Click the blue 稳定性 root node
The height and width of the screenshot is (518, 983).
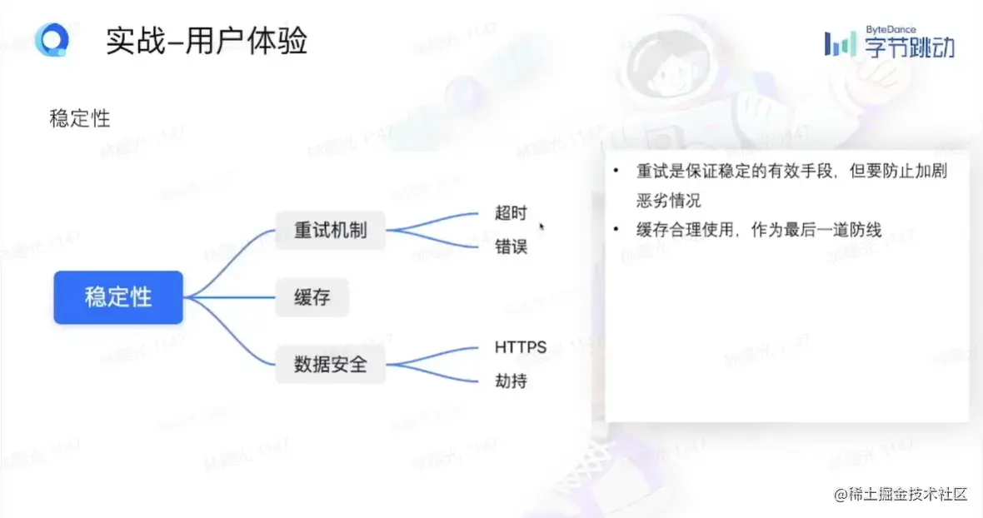118,297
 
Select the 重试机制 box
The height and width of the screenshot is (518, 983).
331,230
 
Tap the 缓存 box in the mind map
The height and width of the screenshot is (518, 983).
312,297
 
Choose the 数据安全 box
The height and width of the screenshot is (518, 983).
331,364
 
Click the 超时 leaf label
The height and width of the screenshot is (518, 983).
511,213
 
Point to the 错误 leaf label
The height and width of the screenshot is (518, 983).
511,247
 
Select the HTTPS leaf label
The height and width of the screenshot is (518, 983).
521,347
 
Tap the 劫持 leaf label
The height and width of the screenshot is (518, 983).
511,382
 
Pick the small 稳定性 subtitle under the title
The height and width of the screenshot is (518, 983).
80,118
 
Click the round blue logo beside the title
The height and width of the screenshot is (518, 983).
52,40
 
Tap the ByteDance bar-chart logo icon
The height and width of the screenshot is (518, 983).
839,44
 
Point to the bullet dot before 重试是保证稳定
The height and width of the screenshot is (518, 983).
616,172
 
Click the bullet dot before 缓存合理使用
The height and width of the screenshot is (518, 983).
616,230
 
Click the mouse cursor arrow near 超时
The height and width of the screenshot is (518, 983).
542,226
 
